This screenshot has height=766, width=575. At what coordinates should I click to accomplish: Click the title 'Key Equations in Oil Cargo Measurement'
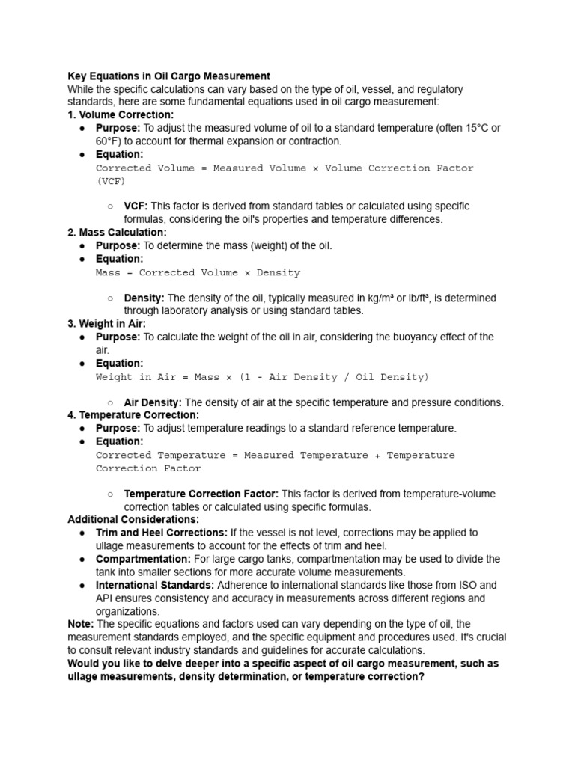click(x=168, y=76)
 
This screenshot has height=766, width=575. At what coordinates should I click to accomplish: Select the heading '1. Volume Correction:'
click(x=121, y=115)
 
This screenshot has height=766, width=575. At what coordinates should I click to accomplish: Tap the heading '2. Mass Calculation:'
click(x=117, y=233)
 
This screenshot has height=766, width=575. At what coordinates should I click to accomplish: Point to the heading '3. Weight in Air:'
click(x=107, y=324)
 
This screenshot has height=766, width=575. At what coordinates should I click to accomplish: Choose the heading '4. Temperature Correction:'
click(x=133, y=415)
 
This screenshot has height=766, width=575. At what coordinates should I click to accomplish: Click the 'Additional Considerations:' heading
click(x=133, y=519)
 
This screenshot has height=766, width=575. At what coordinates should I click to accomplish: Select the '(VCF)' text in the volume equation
click(x=111, y=181)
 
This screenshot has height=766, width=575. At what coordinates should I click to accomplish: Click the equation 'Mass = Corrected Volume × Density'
click(x=198, y=272)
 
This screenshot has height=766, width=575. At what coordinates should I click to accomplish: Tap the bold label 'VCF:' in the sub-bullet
click(x=136, y=206)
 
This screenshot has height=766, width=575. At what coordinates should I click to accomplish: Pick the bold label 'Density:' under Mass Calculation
click(x=144, y=298)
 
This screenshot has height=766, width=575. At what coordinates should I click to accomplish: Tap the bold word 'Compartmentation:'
click(x=143, y=559)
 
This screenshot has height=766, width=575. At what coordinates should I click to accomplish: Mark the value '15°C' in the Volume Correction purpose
click(x=468, y=128)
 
